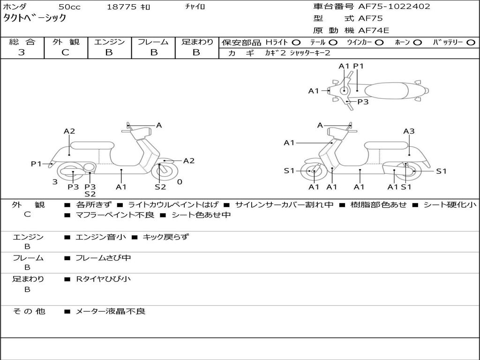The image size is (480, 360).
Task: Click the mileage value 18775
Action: coord(122,7)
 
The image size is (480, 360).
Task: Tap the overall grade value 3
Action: coord(22,52)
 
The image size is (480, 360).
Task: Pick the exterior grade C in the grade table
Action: coord(65,52)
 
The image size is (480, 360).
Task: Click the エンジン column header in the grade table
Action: coord(109,42)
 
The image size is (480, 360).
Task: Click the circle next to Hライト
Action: coord(296,42)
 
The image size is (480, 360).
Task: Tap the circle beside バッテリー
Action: coord(471,42)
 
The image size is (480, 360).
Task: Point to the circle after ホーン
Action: coord(418,42)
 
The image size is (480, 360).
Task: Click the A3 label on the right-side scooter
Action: coord(409,131)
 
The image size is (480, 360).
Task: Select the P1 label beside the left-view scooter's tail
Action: coord(37,164)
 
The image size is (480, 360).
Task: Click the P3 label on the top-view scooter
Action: coord(363,101)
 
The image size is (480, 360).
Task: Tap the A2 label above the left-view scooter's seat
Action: coord(69,131)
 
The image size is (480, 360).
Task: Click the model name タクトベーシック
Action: coord(35,18)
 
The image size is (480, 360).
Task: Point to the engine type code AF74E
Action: coord(374,30)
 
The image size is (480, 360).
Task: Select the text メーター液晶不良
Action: coord(111,311)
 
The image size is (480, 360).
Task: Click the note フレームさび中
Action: coord(103,258)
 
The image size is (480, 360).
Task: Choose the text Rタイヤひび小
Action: coord(103,279)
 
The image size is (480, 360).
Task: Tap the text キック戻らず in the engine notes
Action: coord(165,237)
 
